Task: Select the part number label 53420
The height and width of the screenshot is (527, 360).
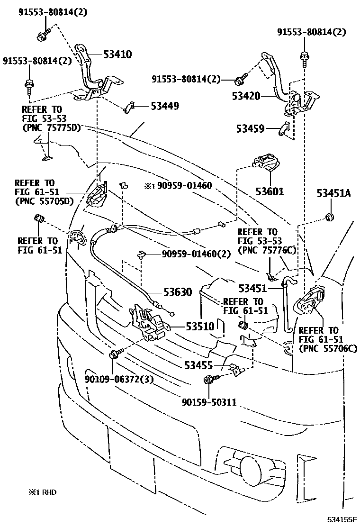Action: pyautogui.click(x=246, y=96)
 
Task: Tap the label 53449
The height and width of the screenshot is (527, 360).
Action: pyautogui.click(x=165, y=106)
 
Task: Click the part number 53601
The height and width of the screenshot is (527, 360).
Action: pyautogui.click(x=270, y=191)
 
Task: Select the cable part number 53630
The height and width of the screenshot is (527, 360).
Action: pyautogui.click(x=177, y=292)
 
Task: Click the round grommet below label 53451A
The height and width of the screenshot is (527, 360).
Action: pyautogui.click(x=328, y=218)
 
